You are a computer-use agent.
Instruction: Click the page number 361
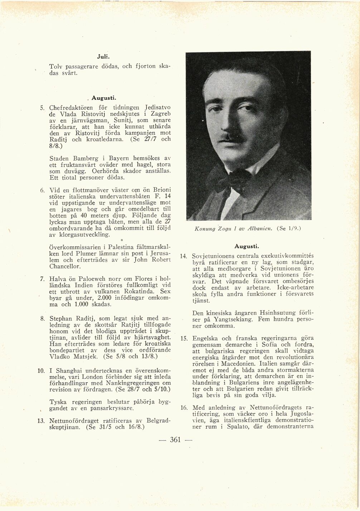pyautogui.click(x=175, y=440)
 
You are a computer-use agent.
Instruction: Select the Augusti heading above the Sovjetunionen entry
pyautogui.click(x=247, y=246)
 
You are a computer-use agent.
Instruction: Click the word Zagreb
pyautogui.click(x=160, y=113)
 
